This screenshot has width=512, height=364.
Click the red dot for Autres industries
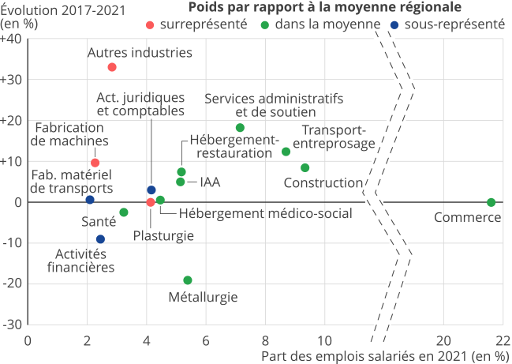click(112, 67)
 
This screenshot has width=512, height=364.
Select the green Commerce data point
click(491, 202)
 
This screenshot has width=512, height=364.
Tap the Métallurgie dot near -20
click(187, 280)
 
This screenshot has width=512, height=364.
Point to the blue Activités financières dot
click(100, 239)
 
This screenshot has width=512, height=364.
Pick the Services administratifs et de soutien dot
click(240, 128)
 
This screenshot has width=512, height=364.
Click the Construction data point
click(305, 167)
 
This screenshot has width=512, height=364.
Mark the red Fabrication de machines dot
click(95, 163)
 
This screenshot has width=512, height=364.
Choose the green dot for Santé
click(124, 212)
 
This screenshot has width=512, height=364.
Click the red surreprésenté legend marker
click(150, 24)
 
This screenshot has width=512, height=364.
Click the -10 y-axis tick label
click(13, 242)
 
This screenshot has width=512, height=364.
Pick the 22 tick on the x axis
click(503, 340)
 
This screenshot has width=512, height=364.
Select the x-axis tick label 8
click(265, 340)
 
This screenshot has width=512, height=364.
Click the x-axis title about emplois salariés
click(385, 355)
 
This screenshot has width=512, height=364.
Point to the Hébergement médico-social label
click(265, 212)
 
